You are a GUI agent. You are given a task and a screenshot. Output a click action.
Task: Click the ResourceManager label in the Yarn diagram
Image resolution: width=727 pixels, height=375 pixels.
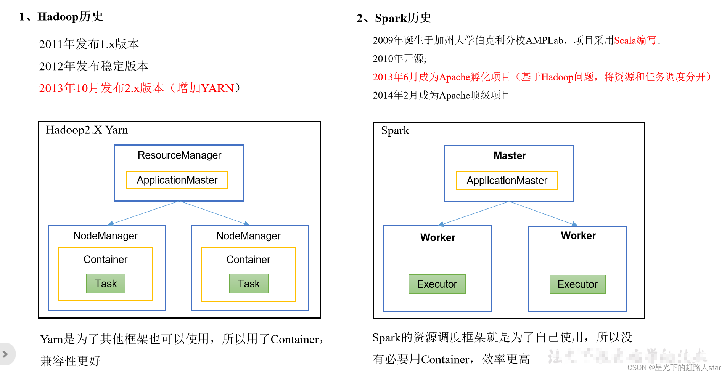[x=179, y=155]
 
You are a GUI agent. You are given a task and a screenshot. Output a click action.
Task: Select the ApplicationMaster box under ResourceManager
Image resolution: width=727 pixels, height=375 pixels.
[x=177, y=180]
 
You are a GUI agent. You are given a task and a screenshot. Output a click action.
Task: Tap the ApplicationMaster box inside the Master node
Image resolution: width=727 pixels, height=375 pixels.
[x=507, y=180]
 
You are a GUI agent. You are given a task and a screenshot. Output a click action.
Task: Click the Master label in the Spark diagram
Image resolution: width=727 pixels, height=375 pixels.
[x=510, y=155]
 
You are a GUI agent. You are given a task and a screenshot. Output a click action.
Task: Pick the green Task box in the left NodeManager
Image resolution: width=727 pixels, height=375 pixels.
[x=106, y=284]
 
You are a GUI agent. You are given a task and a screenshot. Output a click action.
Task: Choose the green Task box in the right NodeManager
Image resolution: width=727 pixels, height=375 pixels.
[x=249, y=284]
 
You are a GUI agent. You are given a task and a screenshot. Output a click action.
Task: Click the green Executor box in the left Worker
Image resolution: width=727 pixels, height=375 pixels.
[x=437, y=284]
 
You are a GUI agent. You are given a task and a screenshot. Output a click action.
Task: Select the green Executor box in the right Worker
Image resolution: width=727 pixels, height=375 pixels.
[x=577, y=284]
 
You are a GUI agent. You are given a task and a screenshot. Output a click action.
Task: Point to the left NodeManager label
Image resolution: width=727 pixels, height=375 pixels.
[x=105, y=236]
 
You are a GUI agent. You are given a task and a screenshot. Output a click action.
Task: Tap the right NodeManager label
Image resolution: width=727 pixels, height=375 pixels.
[x=248, y=236]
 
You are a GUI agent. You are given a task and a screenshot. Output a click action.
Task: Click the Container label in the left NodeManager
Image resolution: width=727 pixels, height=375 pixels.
[x=105, y=260]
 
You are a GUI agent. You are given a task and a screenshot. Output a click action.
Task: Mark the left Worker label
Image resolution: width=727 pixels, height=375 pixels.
[x=438, y=237]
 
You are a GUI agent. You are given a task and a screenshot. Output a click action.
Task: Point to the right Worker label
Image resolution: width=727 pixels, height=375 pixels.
[x=578, y=236]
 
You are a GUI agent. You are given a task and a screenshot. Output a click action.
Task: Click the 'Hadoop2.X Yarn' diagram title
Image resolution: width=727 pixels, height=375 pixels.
[x=87, y=130]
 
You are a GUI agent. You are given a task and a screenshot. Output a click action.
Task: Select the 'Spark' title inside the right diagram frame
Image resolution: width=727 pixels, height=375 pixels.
[x=395, y=131]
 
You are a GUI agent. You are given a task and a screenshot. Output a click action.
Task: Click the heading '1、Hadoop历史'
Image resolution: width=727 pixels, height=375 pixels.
[x=61, y=16]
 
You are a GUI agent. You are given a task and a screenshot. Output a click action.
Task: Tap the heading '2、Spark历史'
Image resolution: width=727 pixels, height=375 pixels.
[x=394, y=18]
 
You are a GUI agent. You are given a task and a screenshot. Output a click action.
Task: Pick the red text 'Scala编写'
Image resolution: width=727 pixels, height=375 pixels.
[x=635, y=40]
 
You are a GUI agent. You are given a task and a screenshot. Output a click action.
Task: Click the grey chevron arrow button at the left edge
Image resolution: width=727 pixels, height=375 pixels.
[x=5, y=354]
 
